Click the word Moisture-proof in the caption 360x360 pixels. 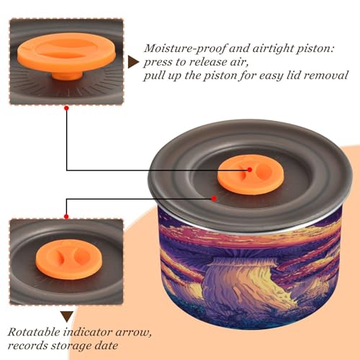[185, 48]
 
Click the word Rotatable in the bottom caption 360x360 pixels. [34, 333]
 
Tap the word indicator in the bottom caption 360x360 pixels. [88, 333]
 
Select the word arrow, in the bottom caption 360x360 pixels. [133, 333]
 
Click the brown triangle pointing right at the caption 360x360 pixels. [133, 63]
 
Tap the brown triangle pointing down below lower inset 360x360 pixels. [67, 317]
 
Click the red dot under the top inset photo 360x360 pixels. [67, 108]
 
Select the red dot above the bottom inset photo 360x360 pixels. [66, 217]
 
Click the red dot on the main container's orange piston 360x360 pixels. [250, 169]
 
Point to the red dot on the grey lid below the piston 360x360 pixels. [214, 199]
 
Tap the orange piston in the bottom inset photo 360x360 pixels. [68, 260]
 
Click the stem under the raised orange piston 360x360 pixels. [66, 75]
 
